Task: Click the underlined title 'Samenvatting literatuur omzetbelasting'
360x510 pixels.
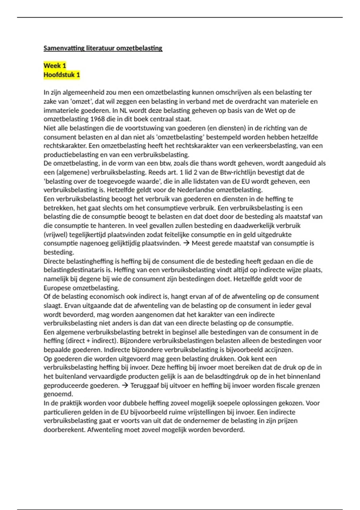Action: (x=103, y=48)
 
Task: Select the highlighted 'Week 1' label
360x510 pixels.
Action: (x=55, y=66)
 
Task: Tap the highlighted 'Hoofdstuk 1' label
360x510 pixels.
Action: (x=61, y=75)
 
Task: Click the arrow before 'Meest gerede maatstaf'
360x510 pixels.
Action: (x=186, y=243)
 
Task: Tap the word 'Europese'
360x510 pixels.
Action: (x=57, y=288)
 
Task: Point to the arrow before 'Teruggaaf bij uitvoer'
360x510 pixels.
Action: (x=124, y=385)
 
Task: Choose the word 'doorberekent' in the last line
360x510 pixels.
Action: (x=64, y=430)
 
